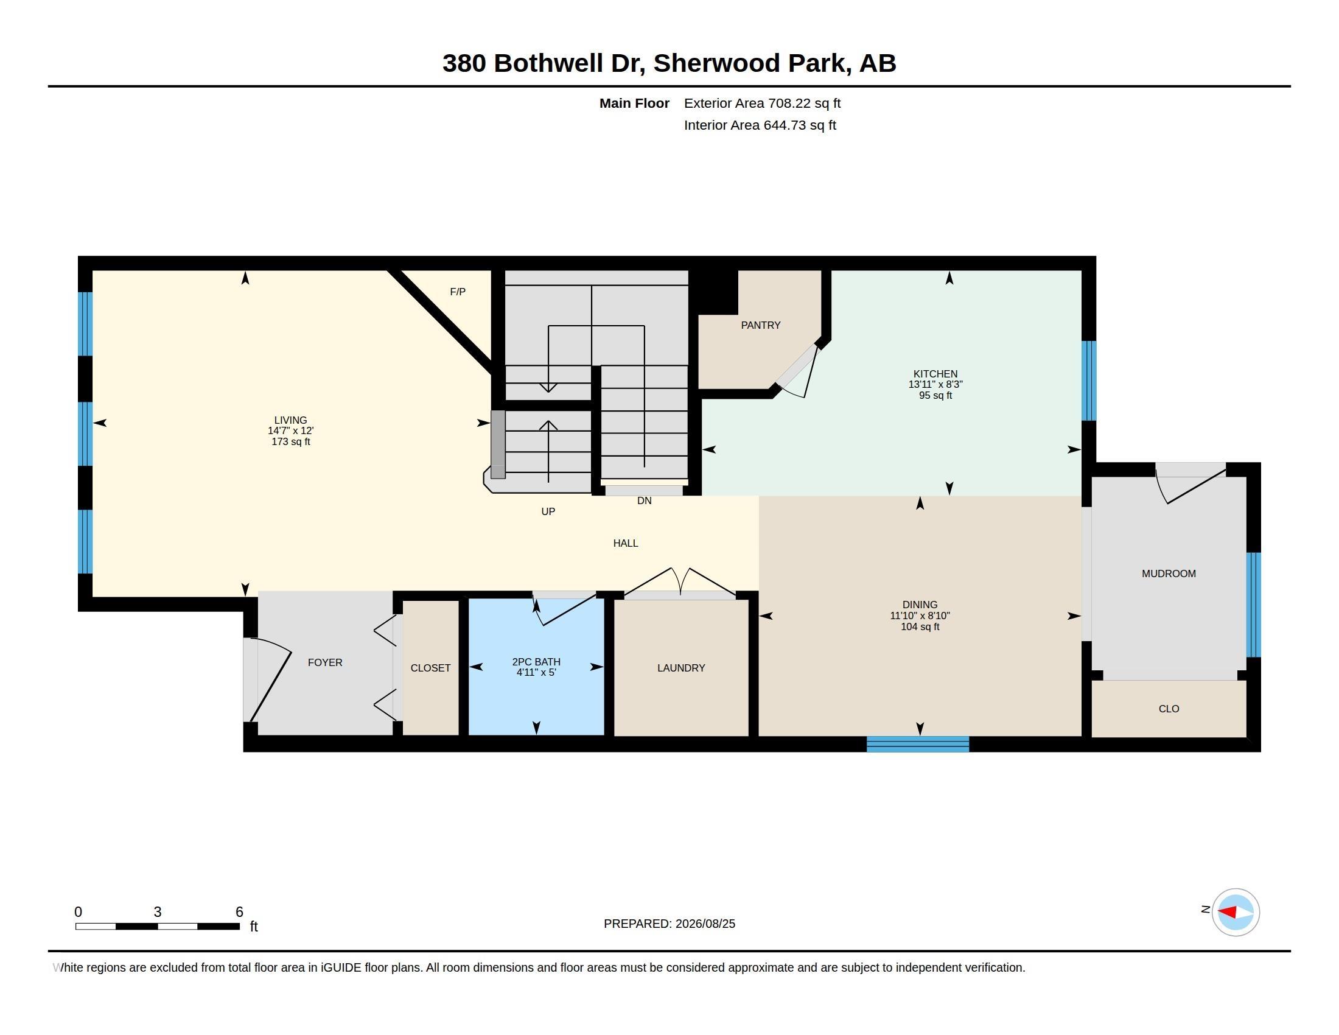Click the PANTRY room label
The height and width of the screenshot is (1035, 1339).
coord(760,325)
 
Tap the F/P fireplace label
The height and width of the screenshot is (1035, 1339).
coord(457,292)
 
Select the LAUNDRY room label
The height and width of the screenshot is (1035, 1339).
coord(680,668)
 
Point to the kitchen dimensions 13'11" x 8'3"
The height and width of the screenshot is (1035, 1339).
coord(935,384)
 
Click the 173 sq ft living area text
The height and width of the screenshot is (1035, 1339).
coord(290,441)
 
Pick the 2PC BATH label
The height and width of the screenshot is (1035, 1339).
coord(536,662)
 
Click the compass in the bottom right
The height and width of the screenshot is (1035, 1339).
coord(1236,912)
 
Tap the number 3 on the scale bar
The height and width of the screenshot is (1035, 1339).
coord(158,912)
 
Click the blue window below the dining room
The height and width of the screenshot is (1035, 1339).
coord(917,745)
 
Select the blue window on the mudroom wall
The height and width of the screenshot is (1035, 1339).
coord(1254,605)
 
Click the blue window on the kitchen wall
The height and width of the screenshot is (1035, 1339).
coord(1088,381)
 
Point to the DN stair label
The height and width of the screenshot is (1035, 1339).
coord(644,501)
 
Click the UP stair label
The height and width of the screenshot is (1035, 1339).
coord(548,511)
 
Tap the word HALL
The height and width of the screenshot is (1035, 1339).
coord(625,543)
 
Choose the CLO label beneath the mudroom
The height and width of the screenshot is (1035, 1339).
coord(1169,709)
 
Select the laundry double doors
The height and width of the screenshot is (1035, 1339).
coord(680,583)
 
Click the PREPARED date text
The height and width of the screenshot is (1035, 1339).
coord(669,924)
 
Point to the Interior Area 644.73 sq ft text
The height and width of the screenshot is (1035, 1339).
coord(760,125)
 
